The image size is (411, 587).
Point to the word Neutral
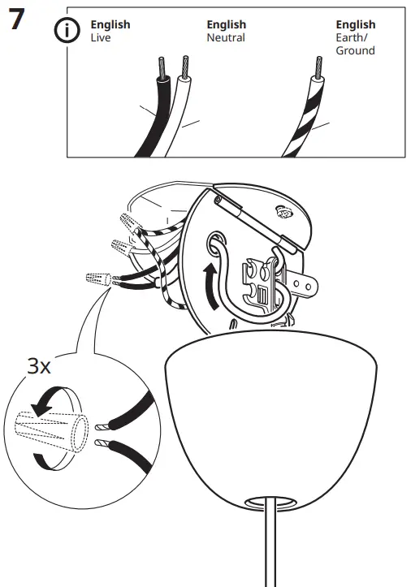tap(226, 38)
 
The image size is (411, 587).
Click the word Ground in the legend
tap(355, 50)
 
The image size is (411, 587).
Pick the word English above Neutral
tap(226, 25)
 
